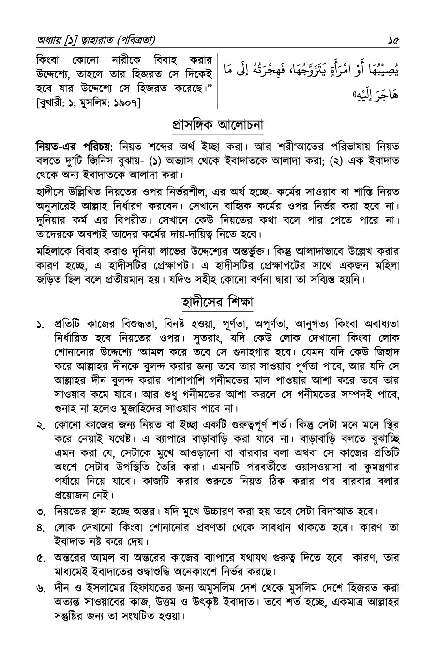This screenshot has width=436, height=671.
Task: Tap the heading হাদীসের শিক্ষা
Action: [x=218, y=303]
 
